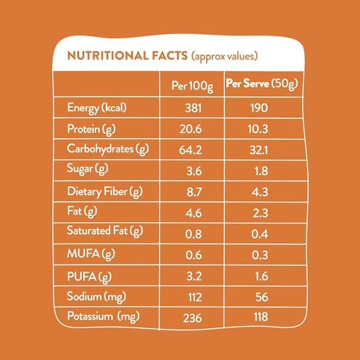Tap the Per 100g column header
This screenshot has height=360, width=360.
pos(192,86)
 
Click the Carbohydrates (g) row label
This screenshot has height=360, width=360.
pos(108,149)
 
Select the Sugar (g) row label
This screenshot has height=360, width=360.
pos(87,170)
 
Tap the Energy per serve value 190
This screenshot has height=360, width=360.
pos(260,108)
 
